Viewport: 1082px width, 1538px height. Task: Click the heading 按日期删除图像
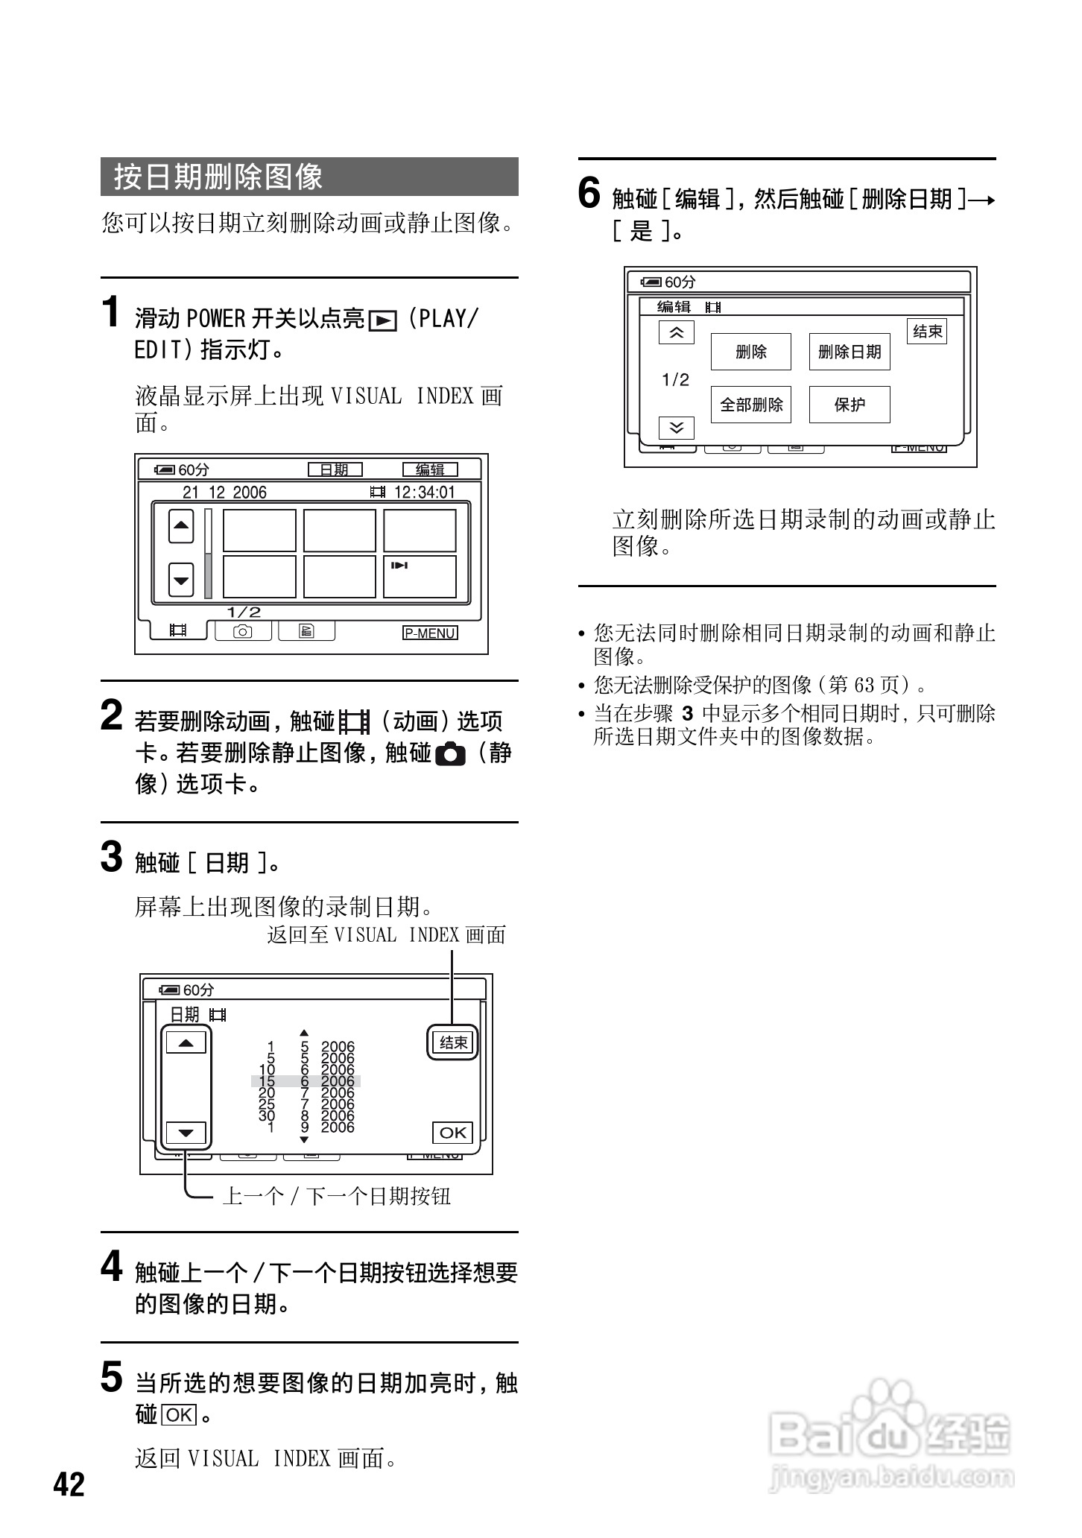pyautogui.click(x=218, y=177)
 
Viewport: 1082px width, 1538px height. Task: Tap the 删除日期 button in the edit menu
pyautogui.click(x=850, y=352)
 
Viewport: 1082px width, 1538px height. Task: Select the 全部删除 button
pyautogui.click(x=750, y=405)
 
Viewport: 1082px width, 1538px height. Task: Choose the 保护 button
pyautogui.click(x=850, y=405)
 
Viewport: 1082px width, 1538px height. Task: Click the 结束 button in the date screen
pyautogui.click(x=453, y=1042)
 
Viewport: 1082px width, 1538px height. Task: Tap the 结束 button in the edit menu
pyautogui.click(x=927, y=332)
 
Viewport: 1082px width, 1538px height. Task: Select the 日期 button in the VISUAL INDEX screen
pyautogui.click(x=335, y=469)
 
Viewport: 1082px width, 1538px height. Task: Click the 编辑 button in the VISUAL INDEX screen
pyautogui.click(x=430, y=469)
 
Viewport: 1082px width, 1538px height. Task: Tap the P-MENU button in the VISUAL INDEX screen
pyautogui.click(x=430, y=633)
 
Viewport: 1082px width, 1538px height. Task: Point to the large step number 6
pyautogui.click(x=589, y=194)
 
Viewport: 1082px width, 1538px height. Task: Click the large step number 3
pyautogui.click(x=111, y=857)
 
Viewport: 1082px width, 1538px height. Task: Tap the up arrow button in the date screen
pyautogui.click(x=186, y=1042)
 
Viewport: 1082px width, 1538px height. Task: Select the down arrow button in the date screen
pyautogui.click(x=186, y=1133)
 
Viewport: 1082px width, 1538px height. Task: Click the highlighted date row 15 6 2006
pyautogui.click(x=306, y=1081)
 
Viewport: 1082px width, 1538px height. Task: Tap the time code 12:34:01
pyautogui.click(x=423, y=493)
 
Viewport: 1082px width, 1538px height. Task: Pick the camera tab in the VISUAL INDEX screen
pyautogui.click(x=243, y=631)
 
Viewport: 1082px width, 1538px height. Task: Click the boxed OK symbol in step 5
pyautogui.click(x=179, y=1415)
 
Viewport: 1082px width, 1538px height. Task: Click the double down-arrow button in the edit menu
pyautogui.click(x=676, y=428)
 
